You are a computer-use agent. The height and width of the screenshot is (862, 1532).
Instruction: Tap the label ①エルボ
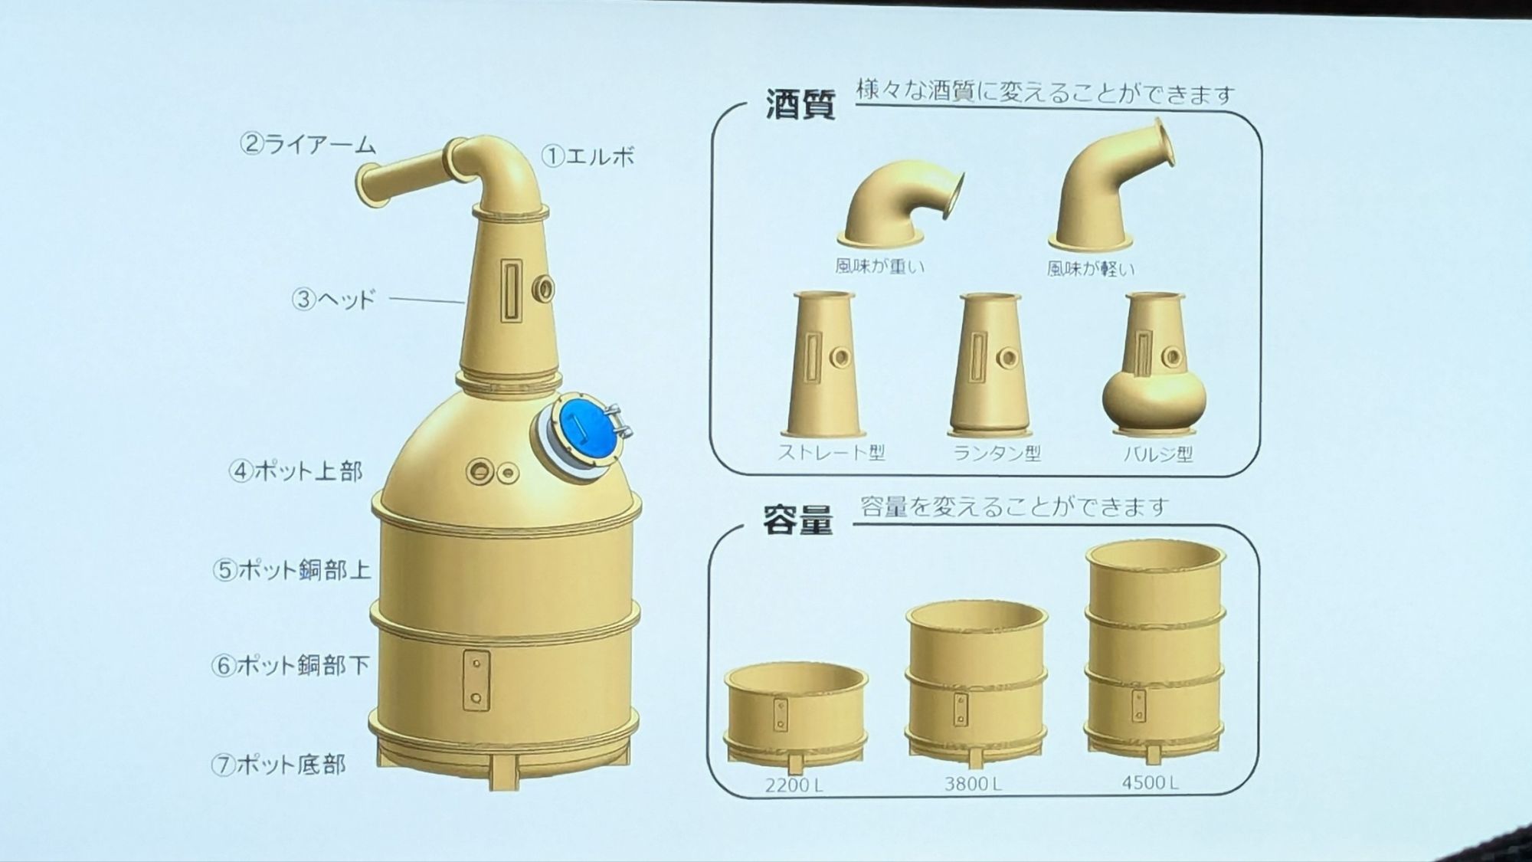click(589, 156)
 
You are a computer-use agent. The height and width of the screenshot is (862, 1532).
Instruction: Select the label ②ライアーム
click(308, 143)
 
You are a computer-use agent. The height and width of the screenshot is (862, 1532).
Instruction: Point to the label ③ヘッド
click(334, 298)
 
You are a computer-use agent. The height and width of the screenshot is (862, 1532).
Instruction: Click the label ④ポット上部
click(296, 470)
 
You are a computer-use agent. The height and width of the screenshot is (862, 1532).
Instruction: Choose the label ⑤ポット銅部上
click(292, 569)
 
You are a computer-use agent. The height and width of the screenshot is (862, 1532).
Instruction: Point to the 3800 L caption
click(973, 784)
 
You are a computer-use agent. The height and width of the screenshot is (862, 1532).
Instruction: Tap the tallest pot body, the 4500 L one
click(1155, 651)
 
